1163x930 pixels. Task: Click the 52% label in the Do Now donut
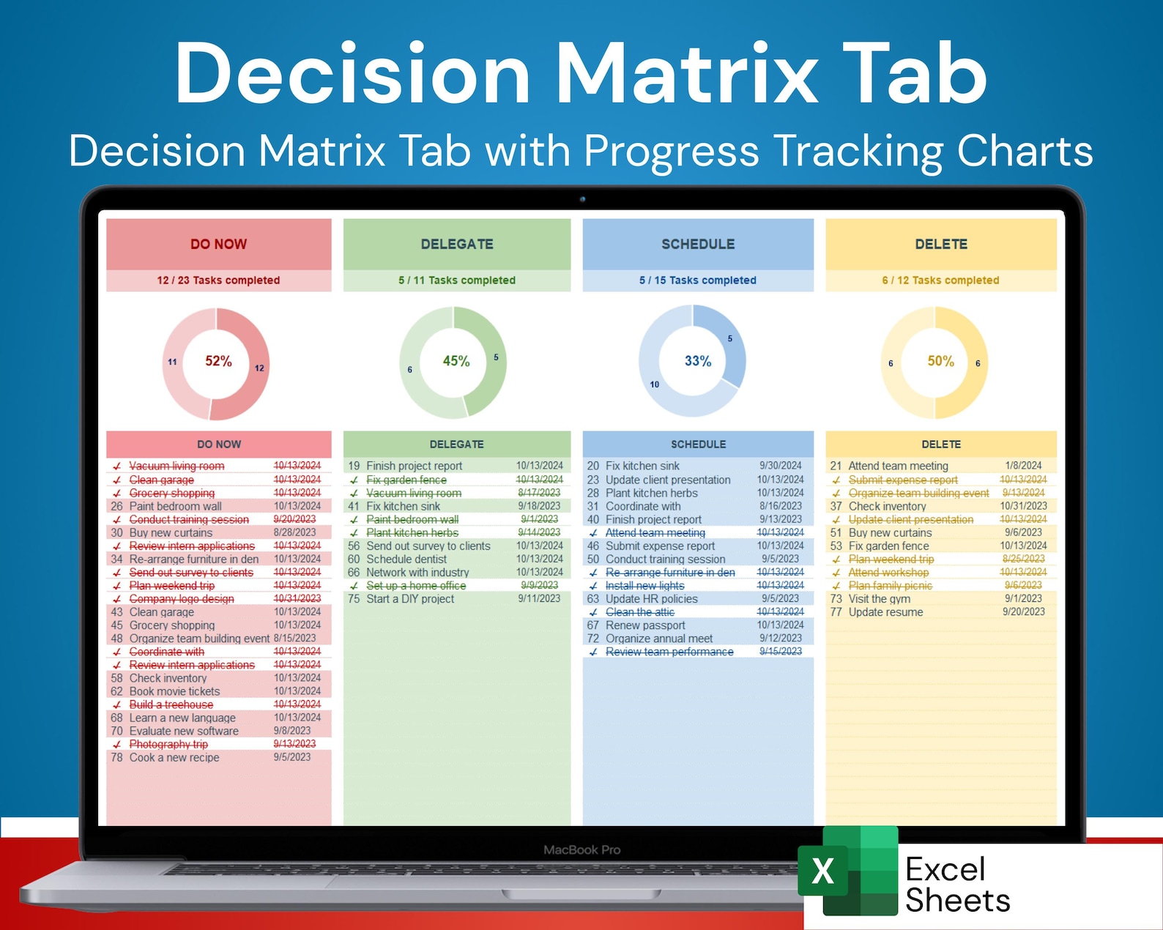pos(218,361)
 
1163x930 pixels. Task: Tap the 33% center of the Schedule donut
pos(697,361)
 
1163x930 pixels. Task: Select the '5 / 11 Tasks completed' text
pos(457,280)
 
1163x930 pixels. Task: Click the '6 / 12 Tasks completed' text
pos(940,280)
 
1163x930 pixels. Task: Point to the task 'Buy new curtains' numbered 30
pos(171,533)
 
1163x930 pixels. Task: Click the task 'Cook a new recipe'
pos(174,758)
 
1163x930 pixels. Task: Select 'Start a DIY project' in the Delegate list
pos(410,599)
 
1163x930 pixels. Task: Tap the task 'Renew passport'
pos(645,625)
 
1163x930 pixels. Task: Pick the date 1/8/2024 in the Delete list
pos(1023,466)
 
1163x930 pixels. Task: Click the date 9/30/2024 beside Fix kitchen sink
pos(781,466)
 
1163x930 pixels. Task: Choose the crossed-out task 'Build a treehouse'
pos(171,704)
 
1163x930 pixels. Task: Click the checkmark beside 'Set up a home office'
pos(354,586)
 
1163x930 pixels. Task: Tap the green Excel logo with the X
pos(847,871)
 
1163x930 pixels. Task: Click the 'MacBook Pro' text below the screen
pos(581,850)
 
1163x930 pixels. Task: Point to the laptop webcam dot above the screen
pos(582,199)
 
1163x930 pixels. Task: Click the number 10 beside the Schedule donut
pos(654,384)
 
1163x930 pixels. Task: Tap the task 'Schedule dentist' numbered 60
pos(406,559)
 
